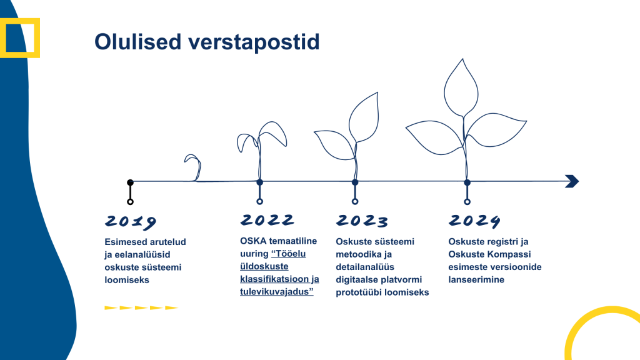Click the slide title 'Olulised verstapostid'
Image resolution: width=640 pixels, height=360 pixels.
pyautogui.click(x=207, y=42)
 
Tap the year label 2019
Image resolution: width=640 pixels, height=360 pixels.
pyautogui.click(x=131, y=222)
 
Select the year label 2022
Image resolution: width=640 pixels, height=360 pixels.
pyautogui.click(x=267, y=220)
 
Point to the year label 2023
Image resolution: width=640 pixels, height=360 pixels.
pyautogui.click(x=362, y=221)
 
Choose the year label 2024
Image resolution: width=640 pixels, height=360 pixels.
pyautogui.click(x=475, y=221)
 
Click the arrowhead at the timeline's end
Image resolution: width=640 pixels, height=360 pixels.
pyautogui.click(x=571, y=181)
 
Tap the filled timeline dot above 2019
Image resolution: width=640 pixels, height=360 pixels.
pyautogui.click(x=130, y=182)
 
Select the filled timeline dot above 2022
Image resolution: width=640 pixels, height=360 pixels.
pyautogui.click(x=259, y=182)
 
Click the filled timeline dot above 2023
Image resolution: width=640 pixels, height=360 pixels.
pyautogui.click(x=355, y=182)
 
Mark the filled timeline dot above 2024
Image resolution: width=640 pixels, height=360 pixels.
pyautogui.click(x=467, y=182)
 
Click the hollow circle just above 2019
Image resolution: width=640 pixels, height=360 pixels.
pyautogui.click(x=130, y=201)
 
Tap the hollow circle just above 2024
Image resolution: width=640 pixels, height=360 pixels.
pyautogui.click(x=467, y=201)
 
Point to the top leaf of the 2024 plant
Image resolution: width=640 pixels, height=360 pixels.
pyautogui.click(x=463, y=87)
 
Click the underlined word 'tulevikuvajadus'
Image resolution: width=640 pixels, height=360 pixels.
pyautogui.click(x=275, y=292)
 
